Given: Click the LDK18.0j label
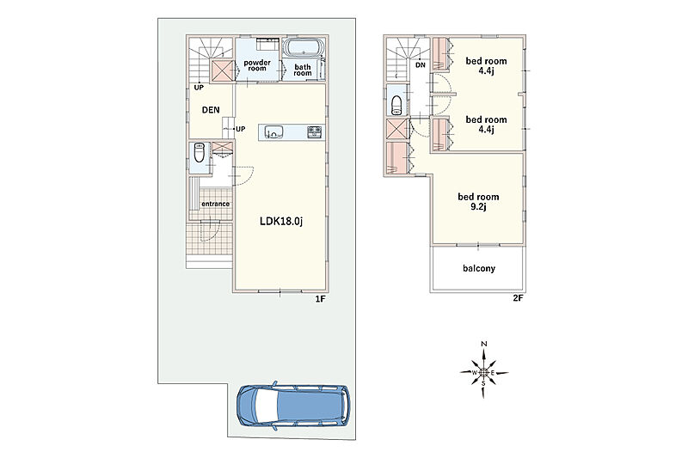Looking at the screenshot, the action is (x=281, y=222).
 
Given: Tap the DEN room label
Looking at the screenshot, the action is (x=211, y=110).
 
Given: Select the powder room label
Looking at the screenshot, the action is (x=257, y=65).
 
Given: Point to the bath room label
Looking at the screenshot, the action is (x=303, y=70).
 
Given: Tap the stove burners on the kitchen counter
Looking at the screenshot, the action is (x=315, y=131).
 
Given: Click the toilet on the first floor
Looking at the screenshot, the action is (x=199, y=152).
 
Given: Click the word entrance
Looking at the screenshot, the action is (x=216, y=204).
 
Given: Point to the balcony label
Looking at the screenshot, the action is (x=479, y=268).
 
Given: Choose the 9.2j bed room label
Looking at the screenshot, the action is (x=478, y=202).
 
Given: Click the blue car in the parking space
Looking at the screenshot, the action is (x=293, y=406).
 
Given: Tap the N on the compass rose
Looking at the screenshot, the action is (x=484, y=344).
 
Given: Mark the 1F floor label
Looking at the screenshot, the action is (x=320, y=299).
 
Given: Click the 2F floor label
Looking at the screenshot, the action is (x=519, y=299).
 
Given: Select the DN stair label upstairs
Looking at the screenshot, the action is (x=421, y=65).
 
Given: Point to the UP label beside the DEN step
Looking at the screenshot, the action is (x=241, y=129).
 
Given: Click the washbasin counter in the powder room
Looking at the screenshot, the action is (x=267, y=45).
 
